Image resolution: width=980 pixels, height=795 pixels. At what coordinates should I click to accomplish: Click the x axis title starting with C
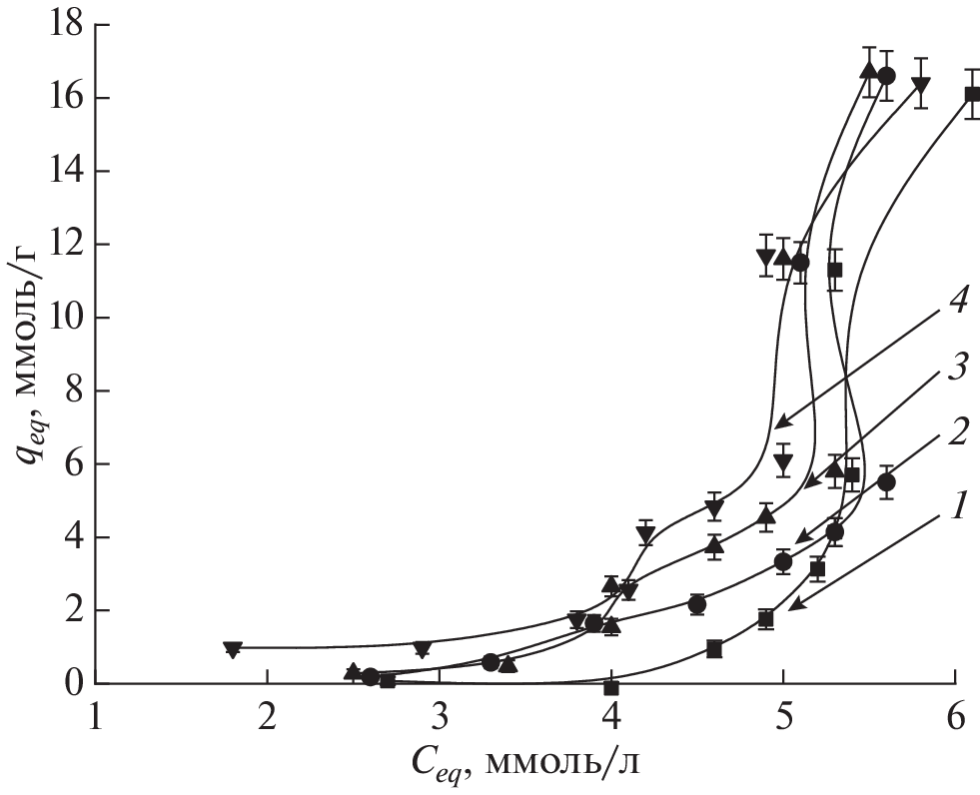pos(523,764)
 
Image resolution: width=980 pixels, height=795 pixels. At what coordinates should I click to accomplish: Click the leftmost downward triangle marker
pos(233,649)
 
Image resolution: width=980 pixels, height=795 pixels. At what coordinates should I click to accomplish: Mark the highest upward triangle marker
pos(869,70)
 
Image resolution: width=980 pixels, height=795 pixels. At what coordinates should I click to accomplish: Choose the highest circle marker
pos(886,76)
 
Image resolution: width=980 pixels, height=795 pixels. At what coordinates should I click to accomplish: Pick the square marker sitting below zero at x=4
pos(611,688)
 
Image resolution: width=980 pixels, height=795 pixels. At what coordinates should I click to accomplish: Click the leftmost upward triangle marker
pos(353,671)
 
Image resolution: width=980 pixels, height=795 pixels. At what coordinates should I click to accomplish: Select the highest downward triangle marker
pos(921,85)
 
